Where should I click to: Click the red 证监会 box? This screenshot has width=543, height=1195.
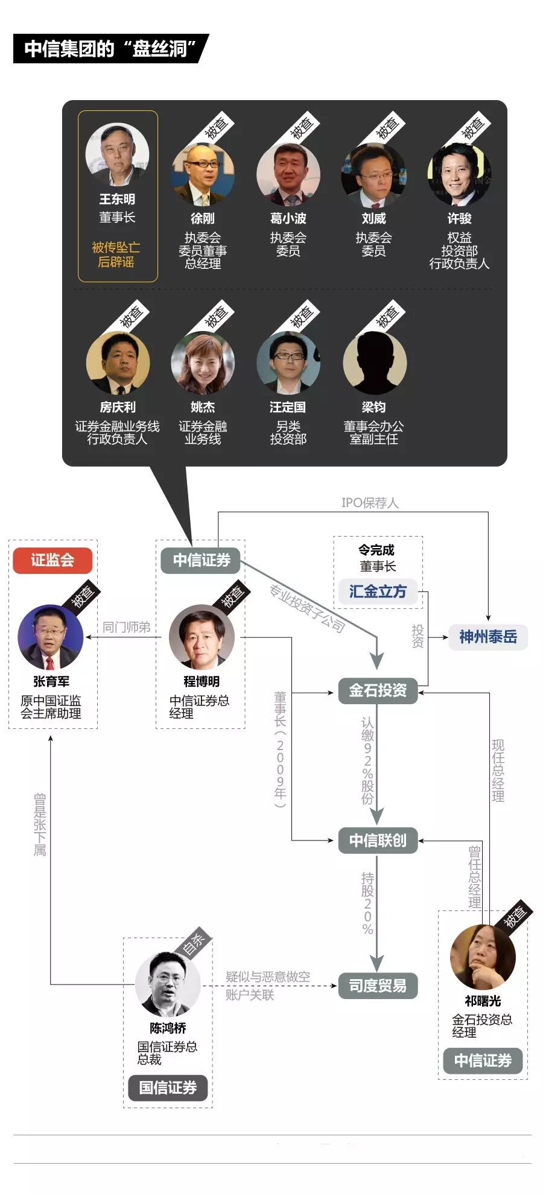(x=52, y=560)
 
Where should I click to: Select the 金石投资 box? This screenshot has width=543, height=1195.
(x=378, y=690)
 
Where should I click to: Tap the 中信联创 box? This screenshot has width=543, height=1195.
(x=378, y=840)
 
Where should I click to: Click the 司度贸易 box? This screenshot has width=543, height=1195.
(x=378, y=985)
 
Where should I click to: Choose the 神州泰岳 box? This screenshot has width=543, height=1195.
(x=488, y=637)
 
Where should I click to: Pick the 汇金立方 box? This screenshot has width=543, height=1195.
(x=378, y=591)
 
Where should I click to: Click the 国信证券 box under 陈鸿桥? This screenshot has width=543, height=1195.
(x=168, y=1087)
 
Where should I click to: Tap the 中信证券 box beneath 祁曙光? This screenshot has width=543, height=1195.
(x=483, y=1060)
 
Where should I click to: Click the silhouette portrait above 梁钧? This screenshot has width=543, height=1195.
(x=374, y=363)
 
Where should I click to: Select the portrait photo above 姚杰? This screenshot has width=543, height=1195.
(x=203, y=363)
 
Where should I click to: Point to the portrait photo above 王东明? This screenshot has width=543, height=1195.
(x=117, y=154)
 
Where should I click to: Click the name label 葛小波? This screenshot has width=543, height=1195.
(x=288, y=218)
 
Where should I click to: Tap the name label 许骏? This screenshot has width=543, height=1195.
(x=459, y=218)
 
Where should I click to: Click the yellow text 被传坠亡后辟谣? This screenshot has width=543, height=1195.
(x=116, y=254)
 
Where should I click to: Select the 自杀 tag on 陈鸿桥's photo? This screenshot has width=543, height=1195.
(x=194, y=944)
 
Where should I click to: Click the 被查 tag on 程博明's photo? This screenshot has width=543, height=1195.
(x=232, y=596)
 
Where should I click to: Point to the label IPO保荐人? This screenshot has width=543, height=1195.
(x=370, y=503)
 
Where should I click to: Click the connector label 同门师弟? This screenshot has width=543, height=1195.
(x=126, y=627)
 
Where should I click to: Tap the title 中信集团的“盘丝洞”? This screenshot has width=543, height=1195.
(x=111, y=49)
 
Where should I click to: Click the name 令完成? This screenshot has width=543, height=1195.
(x=376, y=550)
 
